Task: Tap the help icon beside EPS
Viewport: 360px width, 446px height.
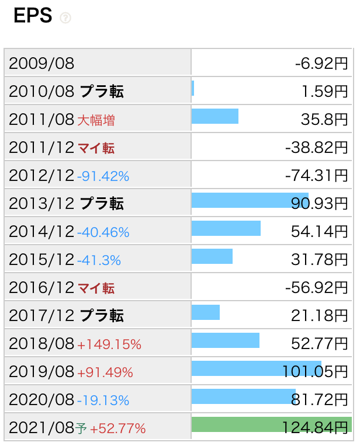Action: click(x=65, y=18)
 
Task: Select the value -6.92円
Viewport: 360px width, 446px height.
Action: click(x=321, y=63)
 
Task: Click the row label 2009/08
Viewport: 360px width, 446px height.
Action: click(x=42, y=63)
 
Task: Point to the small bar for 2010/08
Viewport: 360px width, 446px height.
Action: click(x=193, y=89)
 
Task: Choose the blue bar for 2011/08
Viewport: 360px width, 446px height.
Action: click(x=215, y=116)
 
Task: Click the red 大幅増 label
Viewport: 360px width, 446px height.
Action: click(x=96, y=120)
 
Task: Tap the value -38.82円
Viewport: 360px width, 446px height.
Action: click(x=316, y=148)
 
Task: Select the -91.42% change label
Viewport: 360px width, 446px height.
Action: click(x=103, y=176)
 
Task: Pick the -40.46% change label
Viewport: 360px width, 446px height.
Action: click(x=103, y=232)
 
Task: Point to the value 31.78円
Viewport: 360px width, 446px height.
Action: click(x=319, y=260)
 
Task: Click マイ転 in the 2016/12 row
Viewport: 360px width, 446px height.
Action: click(x=96, y=288)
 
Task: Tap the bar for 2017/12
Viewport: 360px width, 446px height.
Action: click(x=206, y=312)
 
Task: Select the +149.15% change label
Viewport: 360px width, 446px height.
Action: click(x=109, y=344)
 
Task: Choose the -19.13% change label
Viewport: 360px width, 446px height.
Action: click(x=103, y=400)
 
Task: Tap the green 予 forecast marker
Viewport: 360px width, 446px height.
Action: click(x=81, y=429)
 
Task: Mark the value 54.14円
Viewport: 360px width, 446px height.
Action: click(x=319, y=232)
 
